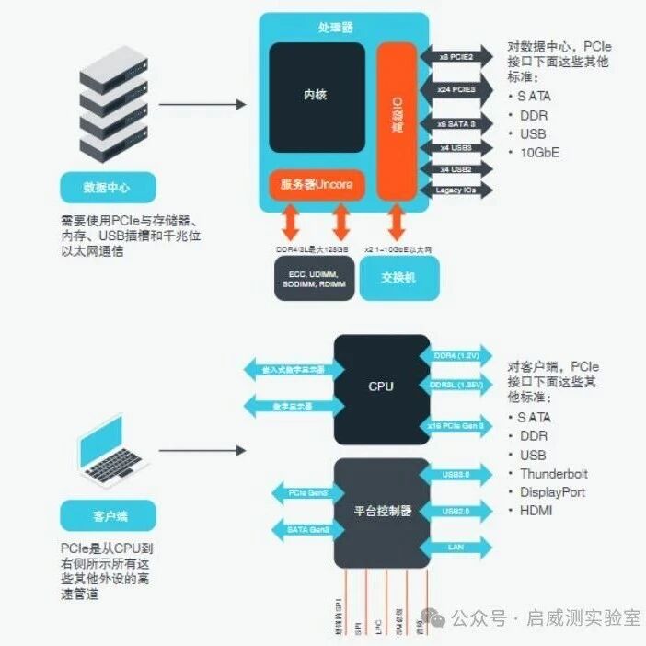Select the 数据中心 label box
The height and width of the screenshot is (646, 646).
click(107, 188)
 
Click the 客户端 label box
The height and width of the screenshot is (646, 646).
click(107, 515)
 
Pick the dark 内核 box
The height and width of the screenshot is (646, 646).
click(316, 96)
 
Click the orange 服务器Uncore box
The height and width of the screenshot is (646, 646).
click(317, 185)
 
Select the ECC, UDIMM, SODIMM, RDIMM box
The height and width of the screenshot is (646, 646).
click(313, 279)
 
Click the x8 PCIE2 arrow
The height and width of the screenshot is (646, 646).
click(456, 56)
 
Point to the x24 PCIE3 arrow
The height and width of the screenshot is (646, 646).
click(456, 89)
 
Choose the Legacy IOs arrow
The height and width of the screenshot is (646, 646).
click(456, 190)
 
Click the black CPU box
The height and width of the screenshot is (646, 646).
click(381, 386)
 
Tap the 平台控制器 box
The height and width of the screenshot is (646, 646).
click(381, 511)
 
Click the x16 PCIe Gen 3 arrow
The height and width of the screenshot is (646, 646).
click(457, 425)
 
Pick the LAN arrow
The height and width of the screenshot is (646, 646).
click(457, 547)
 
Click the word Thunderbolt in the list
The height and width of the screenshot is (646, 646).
click(553, 474)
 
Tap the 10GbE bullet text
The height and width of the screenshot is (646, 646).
click(538, 152)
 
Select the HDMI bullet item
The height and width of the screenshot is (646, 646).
click(537, 510)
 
